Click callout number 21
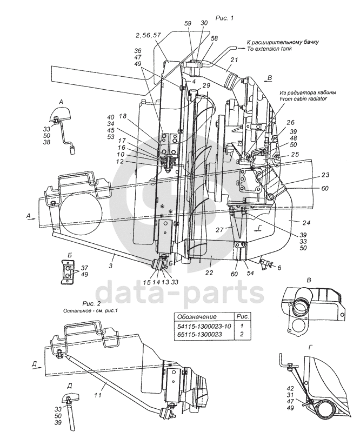234,59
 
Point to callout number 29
206,86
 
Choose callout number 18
123,116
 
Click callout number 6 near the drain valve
279,268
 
